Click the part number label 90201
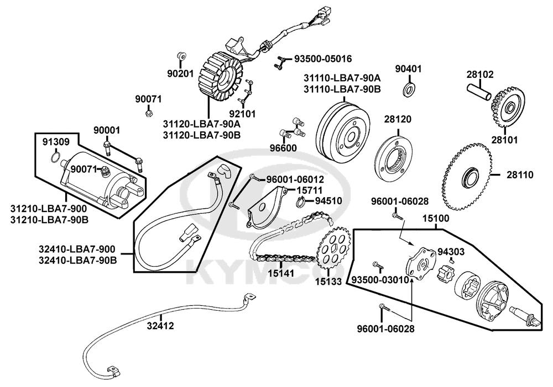[x=181, y=73]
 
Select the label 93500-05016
[x=323, y=59]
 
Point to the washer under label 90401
[x=409, y=89]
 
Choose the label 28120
[x=398, y=119]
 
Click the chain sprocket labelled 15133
[x=332, y=252]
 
